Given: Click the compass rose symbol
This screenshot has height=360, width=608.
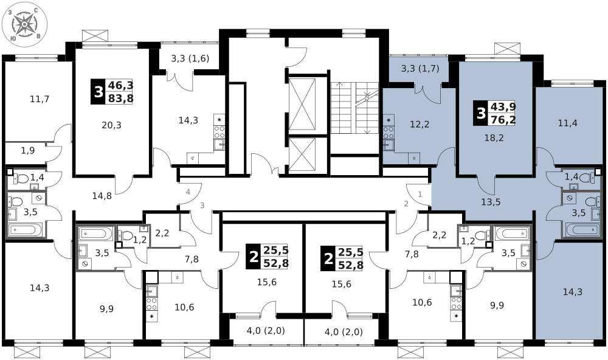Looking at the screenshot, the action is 24,24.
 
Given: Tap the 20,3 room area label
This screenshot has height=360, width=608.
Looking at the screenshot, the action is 112,125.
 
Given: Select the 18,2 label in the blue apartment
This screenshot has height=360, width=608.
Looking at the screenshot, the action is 494,137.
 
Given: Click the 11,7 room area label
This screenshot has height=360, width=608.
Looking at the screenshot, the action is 40,99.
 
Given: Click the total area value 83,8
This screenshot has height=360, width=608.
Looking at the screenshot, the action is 121,99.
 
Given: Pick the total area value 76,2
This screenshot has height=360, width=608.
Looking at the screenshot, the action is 503,119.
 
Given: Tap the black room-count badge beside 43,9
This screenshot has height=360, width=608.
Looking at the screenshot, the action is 481,114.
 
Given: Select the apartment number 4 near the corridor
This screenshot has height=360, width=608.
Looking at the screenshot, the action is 188,192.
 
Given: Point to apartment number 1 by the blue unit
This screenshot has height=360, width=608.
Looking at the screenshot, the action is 420,195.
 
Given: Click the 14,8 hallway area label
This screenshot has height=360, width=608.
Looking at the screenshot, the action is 102,196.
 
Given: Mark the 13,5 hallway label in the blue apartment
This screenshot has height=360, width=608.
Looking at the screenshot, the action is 491,202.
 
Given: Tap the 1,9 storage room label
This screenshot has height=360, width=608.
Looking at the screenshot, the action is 28,150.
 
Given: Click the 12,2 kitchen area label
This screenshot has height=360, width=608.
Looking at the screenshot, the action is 420,125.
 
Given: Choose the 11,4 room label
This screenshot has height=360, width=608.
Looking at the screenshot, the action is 568,123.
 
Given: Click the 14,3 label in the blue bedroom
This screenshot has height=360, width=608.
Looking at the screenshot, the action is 573,292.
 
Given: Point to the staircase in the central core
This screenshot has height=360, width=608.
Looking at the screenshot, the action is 354,108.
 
